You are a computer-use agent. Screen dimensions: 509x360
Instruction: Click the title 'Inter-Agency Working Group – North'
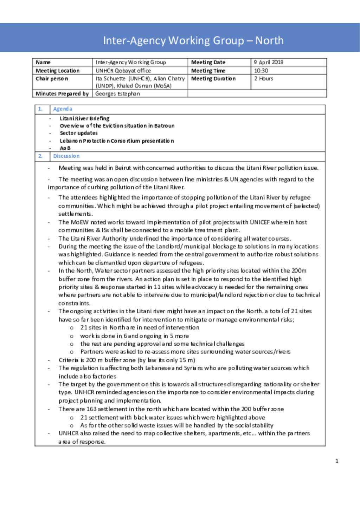click(193, 40)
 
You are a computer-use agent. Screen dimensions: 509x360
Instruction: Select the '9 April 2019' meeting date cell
click(269, 62)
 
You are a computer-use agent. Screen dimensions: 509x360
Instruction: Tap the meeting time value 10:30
click(261, 71)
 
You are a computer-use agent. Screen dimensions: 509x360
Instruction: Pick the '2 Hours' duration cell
click(264, 79)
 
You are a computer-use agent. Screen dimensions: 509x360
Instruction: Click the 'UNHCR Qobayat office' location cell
click(123, 71)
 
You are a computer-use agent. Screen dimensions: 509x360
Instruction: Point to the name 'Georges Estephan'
click(117, 94)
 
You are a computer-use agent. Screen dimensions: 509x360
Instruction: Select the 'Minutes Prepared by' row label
click(62, 94)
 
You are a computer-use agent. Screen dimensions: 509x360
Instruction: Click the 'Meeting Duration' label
click(213, 79)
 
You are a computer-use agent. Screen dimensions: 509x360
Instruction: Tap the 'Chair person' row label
click(52, 79)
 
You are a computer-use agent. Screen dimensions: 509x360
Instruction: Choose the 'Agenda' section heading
click(63, 109)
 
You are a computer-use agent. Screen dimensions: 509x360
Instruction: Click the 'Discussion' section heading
click(66, 156)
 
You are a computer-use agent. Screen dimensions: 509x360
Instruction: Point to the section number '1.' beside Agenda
click(40, 109)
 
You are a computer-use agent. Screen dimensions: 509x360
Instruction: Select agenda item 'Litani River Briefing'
click(84, 118)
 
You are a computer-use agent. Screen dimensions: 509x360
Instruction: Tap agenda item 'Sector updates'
click(79, 133)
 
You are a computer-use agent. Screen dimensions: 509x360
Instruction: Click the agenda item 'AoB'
click(65, 148)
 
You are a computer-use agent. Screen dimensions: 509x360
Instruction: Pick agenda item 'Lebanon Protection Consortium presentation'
click(117, 141)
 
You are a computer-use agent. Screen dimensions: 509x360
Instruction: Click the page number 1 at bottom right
click(337, 461)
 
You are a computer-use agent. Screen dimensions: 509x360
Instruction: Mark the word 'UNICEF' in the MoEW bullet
click(260, 222)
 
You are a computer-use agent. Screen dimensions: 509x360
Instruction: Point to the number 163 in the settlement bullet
click(91, 409)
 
